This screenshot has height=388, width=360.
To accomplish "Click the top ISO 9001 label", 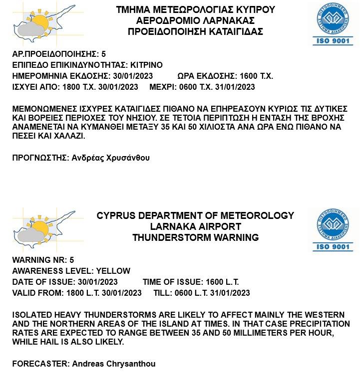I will [x=333, y=41].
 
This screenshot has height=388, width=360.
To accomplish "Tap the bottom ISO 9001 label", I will [x=333, y=247].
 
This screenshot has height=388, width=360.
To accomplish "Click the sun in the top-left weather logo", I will [x=39, y=22].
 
